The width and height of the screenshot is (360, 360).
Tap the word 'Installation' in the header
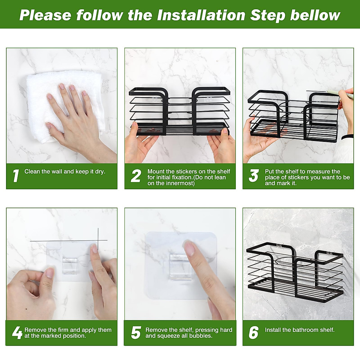point(201,15)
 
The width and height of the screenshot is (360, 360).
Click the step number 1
point(16,176)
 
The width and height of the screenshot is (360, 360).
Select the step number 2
point(136,176)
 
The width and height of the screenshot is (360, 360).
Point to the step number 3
point(253,176)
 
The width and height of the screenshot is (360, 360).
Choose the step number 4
point(17,332)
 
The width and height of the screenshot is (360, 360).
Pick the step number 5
point(136,333)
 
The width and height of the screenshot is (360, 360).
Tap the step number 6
point(253,333)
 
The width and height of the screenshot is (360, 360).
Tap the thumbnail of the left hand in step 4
point(50,273)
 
